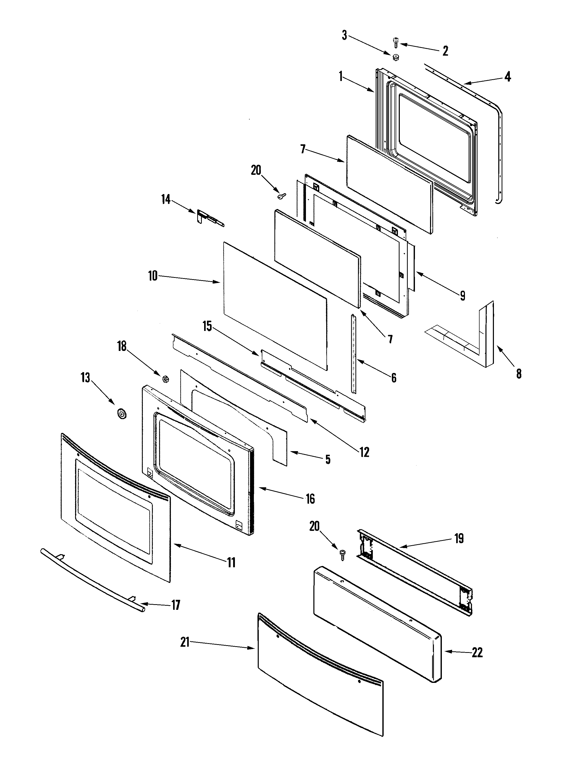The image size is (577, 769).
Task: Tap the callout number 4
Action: coord(508,76)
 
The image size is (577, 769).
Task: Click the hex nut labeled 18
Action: coord(166,378)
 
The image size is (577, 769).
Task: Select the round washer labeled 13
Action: coord(121,414)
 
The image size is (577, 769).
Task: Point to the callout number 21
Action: coord(185,642)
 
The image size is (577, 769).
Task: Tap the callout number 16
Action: coord(310,499)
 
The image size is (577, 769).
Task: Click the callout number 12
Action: coord(364,452)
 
